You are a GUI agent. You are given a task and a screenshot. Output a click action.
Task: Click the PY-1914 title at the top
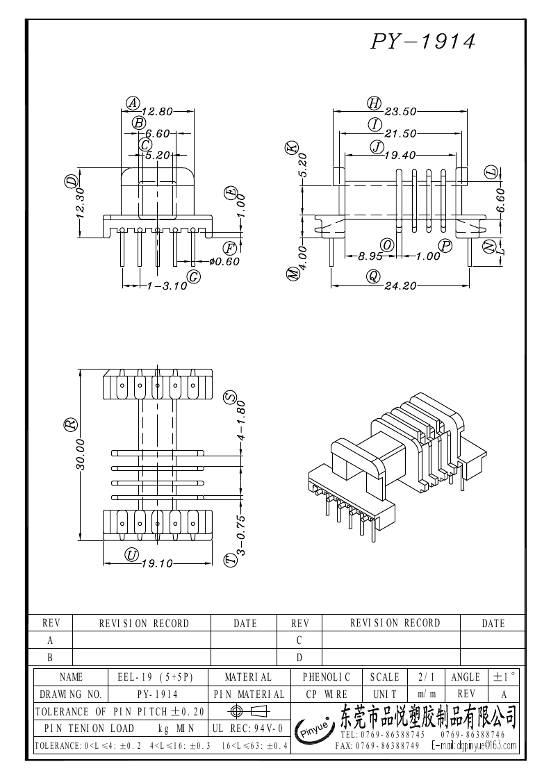point(424,42)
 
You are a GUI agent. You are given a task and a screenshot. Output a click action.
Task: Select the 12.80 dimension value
point(157,111)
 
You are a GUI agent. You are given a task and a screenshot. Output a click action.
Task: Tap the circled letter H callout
point(375,103)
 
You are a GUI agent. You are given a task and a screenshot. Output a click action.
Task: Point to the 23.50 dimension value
point(400,111)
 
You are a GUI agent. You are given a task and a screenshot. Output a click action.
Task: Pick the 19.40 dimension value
point(400,156)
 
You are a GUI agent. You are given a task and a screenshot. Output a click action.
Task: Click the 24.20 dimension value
point(400,285)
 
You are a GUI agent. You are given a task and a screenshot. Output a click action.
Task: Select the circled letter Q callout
point(374,276)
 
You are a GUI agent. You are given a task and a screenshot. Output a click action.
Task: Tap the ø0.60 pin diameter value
point(224,261)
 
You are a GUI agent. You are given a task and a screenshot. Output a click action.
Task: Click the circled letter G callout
point(194,277)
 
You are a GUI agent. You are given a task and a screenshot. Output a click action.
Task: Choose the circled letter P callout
point(445,245)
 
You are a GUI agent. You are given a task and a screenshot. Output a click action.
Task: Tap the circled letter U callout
point(131,554)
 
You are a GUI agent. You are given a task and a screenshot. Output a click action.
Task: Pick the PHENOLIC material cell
point(327,677)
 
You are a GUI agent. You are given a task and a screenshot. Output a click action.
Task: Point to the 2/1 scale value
point(423,677)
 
